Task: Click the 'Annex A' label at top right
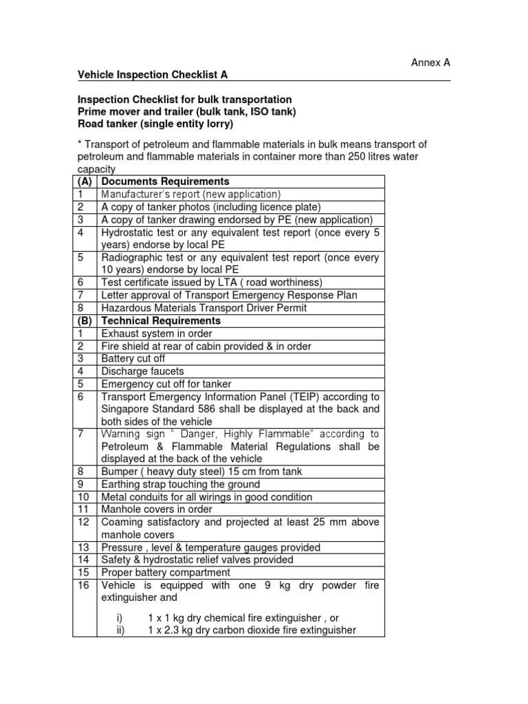coord(430,63)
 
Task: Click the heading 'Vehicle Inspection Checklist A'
coord(144,74)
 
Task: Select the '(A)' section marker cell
coord(85,181)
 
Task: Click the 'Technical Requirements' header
coord(161,320)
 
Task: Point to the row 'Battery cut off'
coord(133,358)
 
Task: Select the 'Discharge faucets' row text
coord(142,371)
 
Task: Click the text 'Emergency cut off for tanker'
coord(166,384)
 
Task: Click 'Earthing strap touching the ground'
coord(180,484)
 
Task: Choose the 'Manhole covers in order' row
coord(157,509)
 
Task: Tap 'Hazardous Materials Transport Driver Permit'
coord(203,308)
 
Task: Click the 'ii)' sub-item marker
coord(120,630)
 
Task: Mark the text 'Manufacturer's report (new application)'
coord(191,195)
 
